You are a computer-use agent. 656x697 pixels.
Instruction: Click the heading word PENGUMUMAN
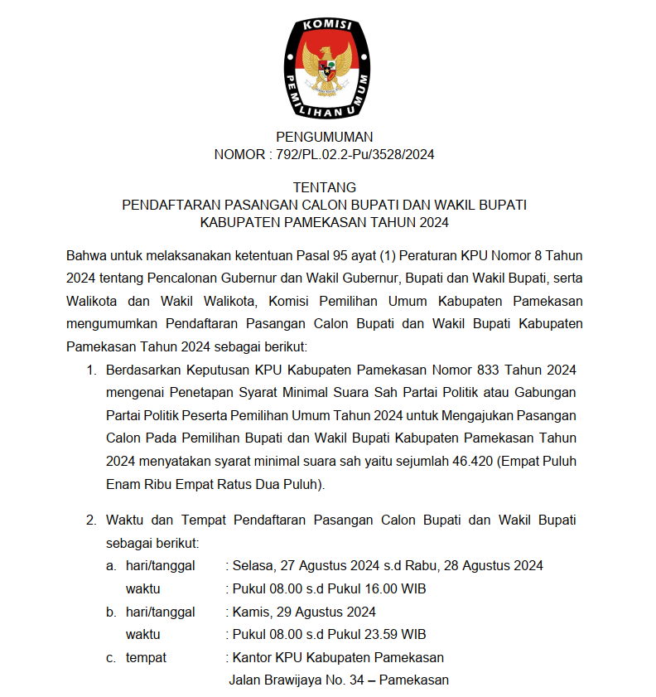325,137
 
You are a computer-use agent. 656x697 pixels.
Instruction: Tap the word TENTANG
325,187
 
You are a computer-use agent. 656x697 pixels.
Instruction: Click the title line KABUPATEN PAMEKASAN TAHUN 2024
325,222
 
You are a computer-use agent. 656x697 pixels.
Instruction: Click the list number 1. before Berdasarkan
92,369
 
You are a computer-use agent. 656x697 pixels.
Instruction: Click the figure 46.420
471,461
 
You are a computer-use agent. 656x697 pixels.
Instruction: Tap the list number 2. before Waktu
92,520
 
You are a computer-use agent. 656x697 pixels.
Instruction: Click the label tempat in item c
146,658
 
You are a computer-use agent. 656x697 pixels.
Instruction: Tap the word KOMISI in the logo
328,27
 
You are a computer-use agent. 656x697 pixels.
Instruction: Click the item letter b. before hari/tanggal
111,612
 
